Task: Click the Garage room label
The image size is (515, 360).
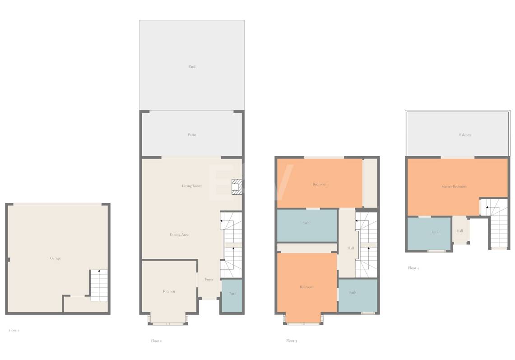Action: pyautogui.click(x=55, y=258)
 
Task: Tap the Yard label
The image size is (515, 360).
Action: pyautogui.click(x=192, y=67)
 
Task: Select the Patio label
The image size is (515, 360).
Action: pyautogui.click(x=192, y=135)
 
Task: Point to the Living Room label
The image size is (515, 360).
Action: pyautogui.click(x=192, y=186)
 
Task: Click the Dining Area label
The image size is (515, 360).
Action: pyautogui.click(x=179, y=235)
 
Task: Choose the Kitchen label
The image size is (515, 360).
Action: pyautogui.click(x=169, y=291)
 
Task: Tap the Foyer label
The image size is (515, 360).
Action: pyautogui.click(x=209, y=280)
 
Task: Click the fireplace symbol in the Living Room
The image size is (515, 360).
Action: pyautogui.click(x=237, y=187)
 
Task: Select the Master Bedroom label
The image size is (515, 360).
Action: pyautogui.click(x=454, y=187)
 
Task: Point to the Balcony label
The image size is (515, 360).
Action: pyautogui.click(x=465, y=135)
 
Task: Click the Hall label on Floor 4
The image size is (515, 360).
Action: pyautogui.click(x=460, y=231)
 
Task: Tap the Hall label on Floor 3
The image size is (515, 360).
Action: pyautogui.click(x=351, y=248)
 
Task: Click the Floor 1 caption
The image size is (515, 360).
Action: pyautogui.click(x=14, y=330)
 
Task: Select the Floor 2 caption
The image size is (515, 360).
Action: pyautogui.click(x=156, y=341)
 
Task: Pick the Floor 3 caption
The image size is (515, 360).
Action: pyautogui.click(x=291, y=341)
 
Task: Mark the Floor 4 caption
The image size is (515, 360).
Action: pyautogui.click(x=413, y=268)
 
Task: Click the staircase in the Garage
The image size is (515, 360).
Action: pyautogui.click(x=99, y=285)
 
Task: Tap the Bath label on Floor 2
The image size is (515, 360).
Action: pyautogui.click(x=233, y=294)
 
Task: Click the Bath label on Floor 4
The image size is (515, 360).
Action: pyautogui.click(x=435, y=232)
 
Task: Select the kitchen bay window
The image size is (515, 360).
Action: pyautogui.click(x=168, y=320)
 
